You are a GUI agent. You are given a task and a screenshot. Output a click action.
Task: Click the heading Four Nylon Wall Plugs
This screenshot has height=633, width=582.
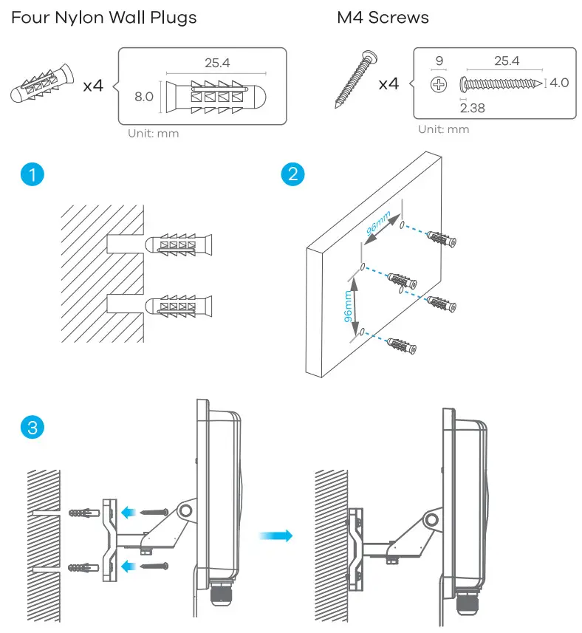(104, 17)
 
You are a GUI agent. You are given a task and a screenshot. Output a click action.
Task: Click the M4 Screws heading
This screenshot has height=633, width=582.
(383, 17)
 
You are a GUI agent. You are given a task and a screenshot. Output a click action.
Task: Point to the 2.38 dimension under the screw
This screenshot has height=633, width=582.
(473, 108)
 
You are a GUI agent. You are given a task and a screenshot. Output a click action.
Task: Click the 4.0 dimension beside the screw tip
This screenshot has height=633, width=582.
(559, 83)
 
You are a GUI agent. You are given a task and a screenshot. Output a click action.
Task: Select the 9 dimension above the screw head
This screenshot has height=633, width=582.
(439, 62)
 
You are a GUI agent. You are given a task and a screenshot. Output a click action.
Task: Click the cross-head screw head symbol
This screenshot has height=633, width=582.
(439, 83)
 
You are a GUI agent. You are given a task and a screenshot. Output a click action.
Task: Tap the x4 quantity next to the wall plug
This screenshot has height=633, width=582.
(93, 86)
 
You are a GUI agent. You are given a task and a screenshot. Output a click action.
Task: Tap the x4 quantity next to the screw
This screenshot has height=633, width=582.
(388, 83)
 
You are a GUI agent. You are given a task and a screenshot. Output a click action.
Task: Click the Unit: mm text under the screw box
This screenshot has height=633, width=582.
(443, 129)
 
